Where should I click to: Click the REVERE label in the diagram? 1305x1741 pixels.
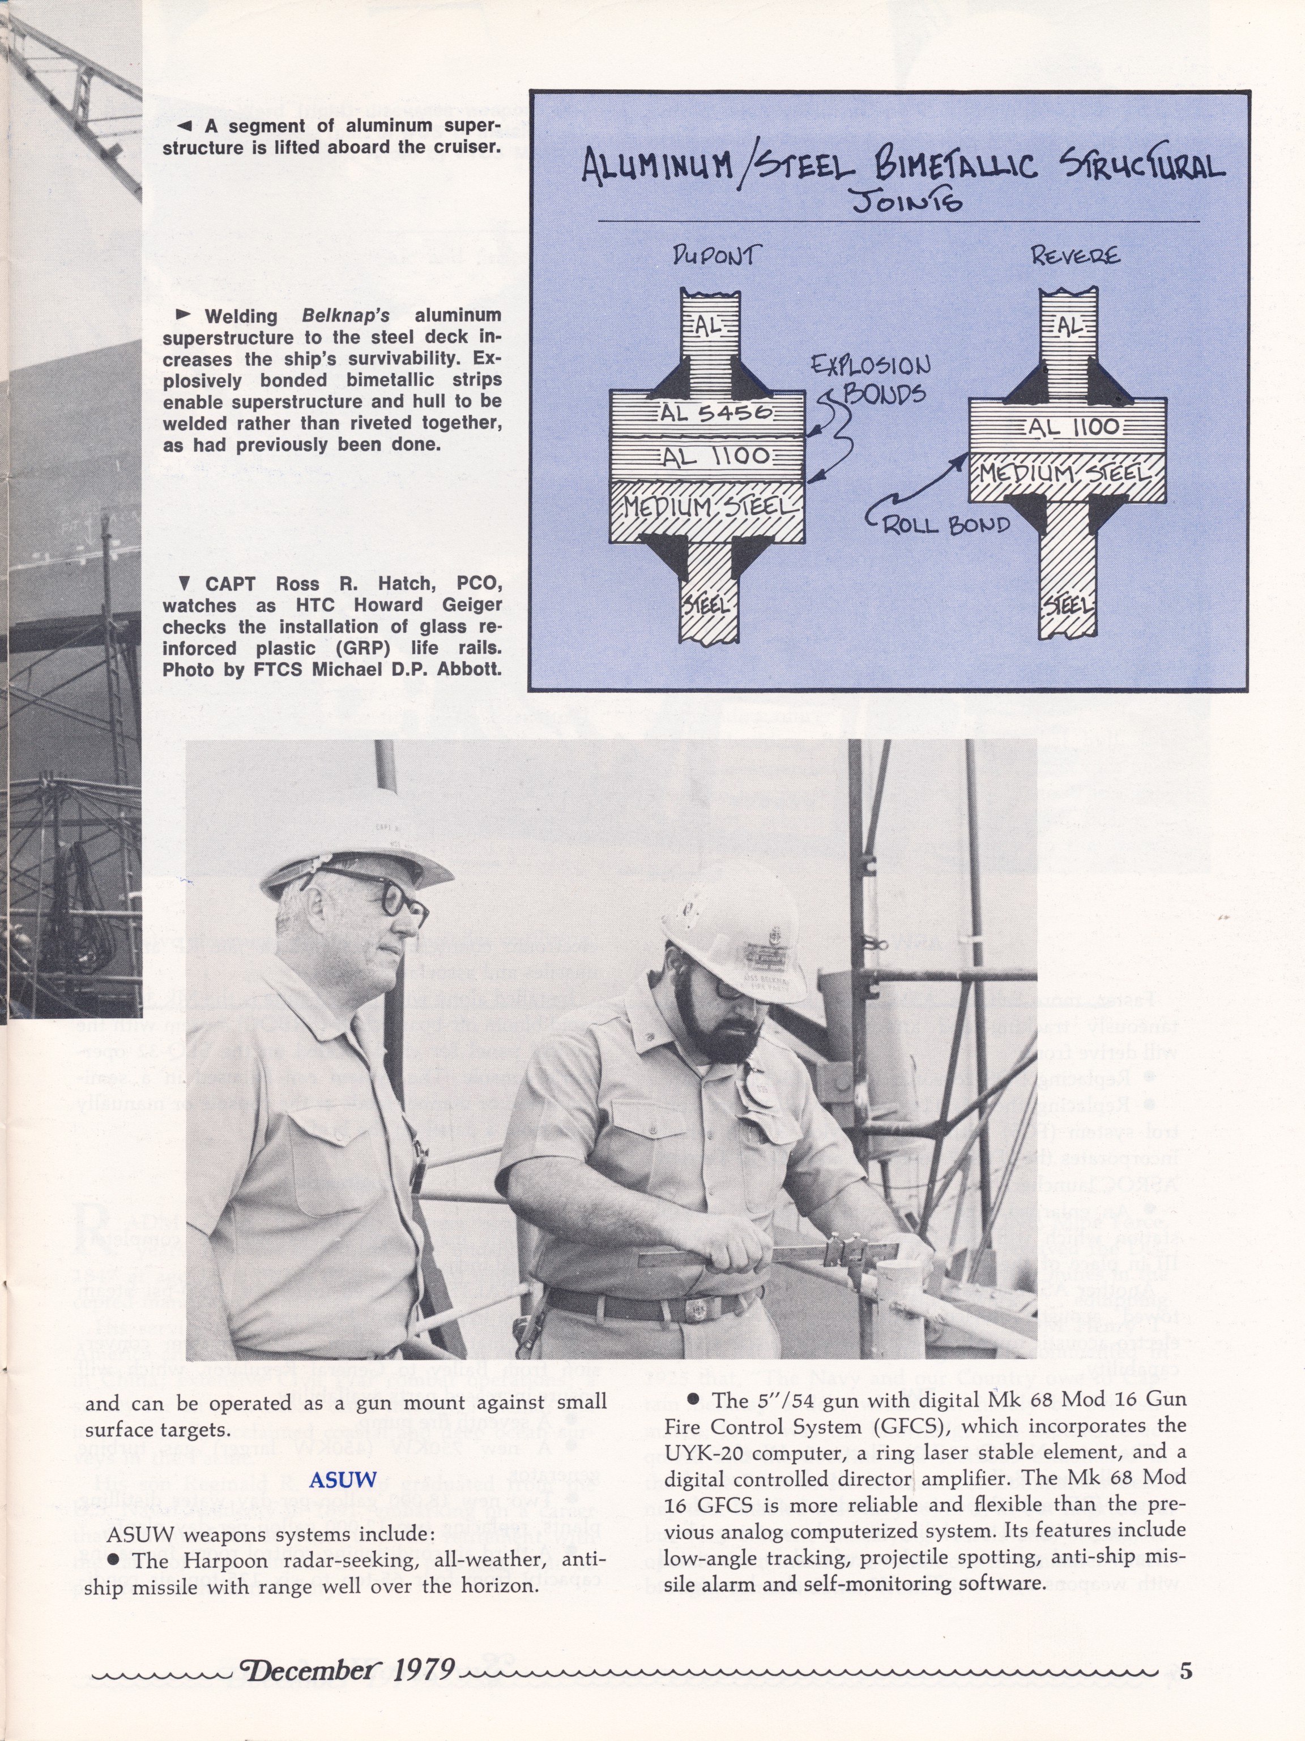click(1074, 256)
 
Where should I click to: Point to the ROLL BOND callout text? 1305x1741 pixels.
click(946, 524)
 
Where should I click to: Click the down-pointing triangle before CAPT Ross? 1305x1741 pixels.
click(184, 583)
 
